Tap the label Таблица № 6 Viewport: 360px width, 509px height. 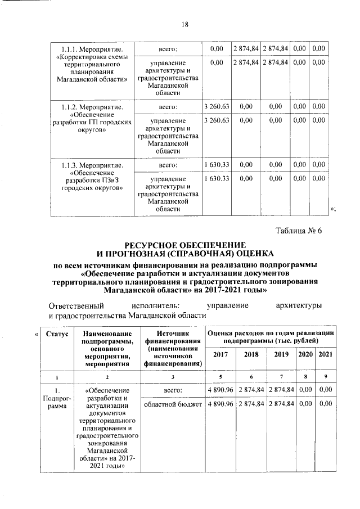click(298, 230)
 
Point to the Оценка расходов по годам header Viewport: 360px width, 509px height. click(271, 337)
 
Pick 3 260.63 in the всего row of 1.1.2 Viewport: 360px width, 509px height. click(216, 106)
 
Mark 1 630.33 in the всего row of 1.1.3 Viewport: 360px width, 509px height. click(216, 165)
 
